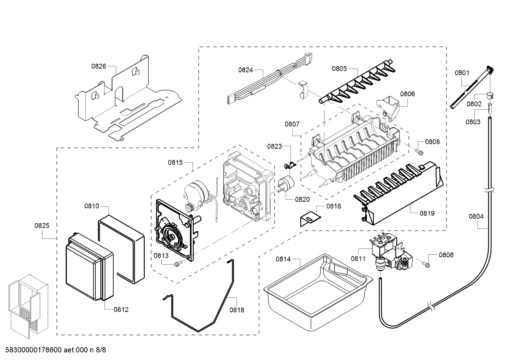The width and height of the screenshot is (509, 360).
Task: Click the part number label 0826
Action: pyautogui.click(x=98, y=66)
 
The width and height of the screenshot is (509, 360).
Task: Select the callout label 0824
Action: pyautogui.click(x=245, y=70)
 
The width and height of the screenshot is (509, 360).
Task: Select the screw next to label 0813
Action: pyautogui.click(x=179, y=262)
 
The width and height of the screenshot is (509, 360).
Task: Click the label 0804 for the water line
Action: pyautogui.click(x=476, y=217)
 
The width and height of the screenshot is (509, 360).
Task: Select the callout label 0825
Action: pyautogui.click(x=42, y=225)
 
